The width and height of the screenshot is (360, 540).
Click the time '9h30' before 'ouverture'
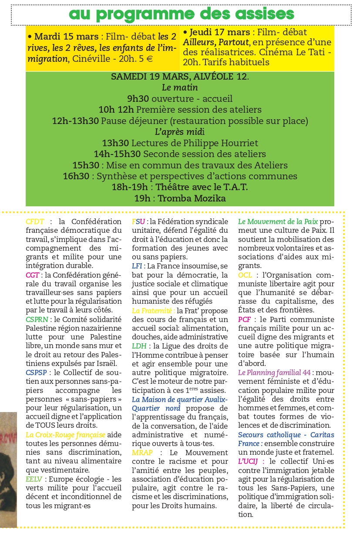[x=138, y=99]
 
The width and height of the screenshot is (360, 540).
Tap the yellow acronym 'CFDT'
[x=35, y=221]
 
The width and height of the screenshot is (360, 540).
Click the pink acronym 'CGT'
[x=33, y=275]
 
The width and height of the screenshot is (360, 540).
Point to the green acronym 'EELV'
[x=34, y=479]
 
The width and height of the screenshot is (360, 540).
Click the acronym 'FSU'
[x=139, y=221]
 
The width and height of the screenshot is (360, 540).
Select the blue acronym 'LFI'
[x=138, y=266]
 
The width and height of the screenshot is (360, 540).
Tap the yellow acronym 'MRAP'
[x=142, y=452]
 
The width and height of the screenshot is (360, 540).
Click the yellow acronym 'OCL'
[x=246, y=275]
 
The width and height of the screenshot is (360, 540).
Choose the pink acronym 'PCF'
[x=244, y=319]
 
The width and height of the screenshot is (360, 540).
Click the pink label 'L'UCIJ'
[x=249, y=461]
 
